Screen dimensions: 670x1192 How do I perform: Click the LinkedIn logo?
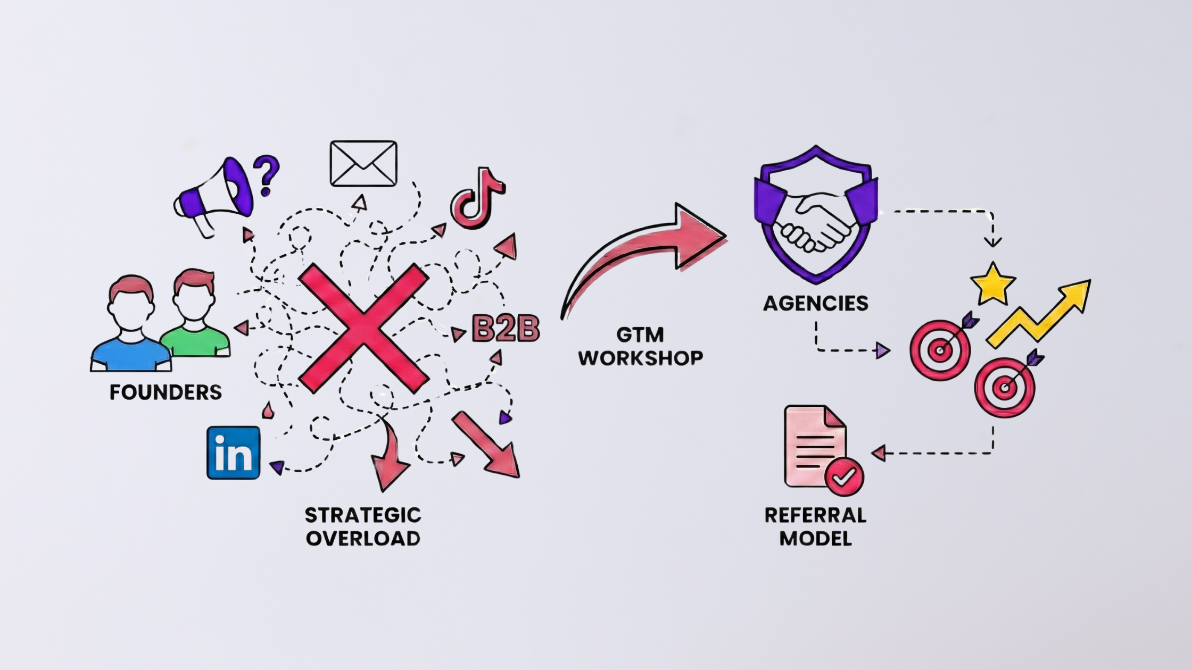[233, 453]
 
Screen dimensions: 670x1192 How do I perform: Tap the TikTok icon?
[476, 199]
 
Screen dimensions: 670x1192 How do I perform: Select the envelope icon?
[363, 163]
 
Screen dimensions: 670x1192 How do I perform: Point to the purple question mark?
[266, 174]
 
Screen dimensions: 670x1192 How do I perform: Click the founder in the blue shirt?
[131, 324]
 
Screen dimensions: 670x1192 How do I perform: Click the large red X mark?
[363, 329]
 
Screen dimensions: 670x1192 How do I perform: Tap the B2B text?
[506, 329]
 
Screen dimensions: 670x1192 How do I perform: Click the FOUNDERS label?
[165, 392]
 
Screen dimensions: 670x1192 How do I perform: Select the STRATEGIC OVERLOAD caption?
[363, 526]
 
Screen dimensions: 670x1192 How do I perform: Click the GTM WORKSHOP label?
[640, 346]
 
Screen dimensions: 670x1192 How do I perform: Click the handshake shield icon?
[815, 215]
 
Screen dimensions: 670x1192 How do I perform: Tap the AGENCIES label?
[815, 304]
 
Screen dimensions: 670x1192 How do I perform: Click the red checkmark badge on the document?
[844, 476]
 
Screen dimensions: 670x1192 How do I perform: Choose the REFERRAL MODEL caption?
[815, 526]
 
